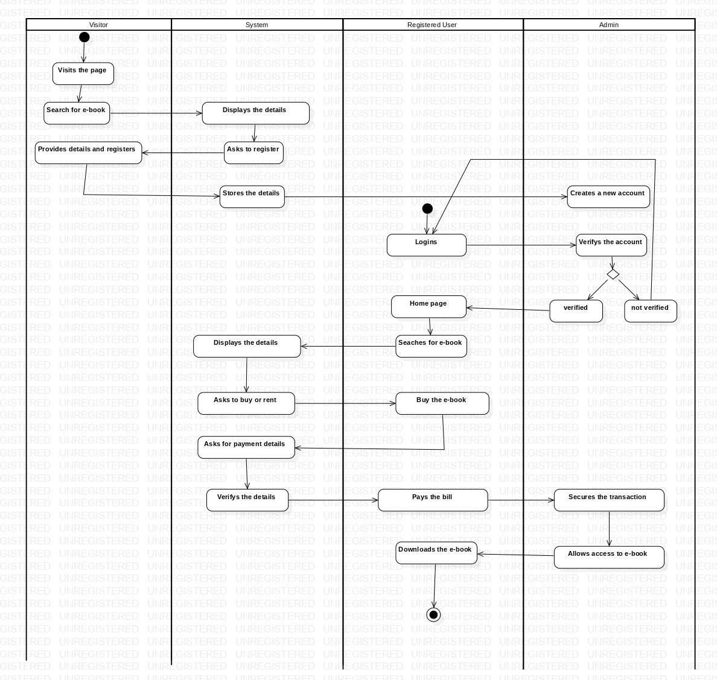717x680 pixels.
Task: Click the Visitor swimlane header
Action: click(98, 25)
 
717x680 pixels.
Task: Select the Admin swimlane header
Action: click(608, 25)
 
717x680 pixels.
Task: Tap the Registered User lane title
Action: click(432, 25)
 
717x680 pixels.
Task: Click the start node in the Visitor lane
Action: click(84, 37)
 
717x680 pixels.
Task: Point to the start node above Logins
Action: click(427, 209)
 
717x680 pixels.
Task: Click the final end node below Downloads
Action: click(433, 614)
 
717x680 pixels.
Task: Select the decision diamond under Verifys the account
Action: click(613, 274)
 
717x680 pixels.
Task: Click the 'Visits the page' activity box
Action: click(83, 74)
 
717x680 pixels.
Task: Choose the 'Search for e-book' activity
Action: click(77, 113)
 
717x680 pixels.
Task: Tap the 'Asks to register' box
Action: click(253, 153)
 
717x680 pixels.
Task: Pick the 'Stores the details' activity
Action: click(252, 197)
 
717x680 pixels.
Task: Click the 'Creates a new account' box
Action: click(608, 197)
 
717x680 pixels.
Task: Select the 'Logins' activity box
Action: click(426, 245)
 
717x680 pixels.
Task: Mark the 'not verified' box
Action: click(650, 311)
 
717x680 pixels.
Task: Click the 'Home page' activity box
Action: click(429, 306)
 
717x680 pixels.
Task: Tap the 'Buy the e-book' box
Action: click(442, 403)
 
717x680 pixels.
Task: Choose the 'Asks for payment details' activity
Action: click(246, 447)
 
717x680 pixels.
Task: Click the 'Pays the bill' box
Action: click(433, 500)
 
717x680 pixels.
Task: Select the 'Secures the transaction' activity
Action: click(608, 500)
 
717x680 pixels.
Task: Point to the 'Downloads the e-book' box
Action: click(436, 553)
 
